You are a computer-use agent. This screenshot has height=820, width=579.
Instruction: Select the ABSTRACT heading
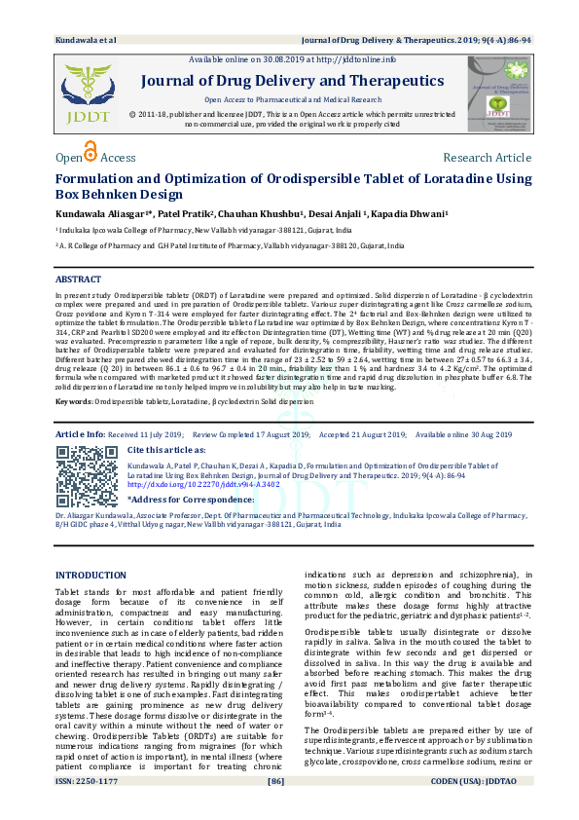click(x=78, y=280)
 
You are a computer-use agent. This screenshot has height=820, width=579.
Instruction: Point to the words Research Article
click(x=487, y=158)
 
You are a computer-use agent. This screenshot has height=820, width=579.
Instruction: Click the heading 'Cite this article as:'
click(x=166, y=450)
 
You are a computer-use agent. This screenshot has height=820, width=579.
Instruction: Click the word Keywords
click(x=74, y=400)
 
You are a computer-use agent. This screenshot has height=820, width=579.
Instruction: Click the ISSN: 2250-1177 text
click(x=85, y=808)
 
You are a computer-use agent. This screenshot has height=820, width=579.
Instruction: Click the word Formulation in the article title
click(x=103, y=179)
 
